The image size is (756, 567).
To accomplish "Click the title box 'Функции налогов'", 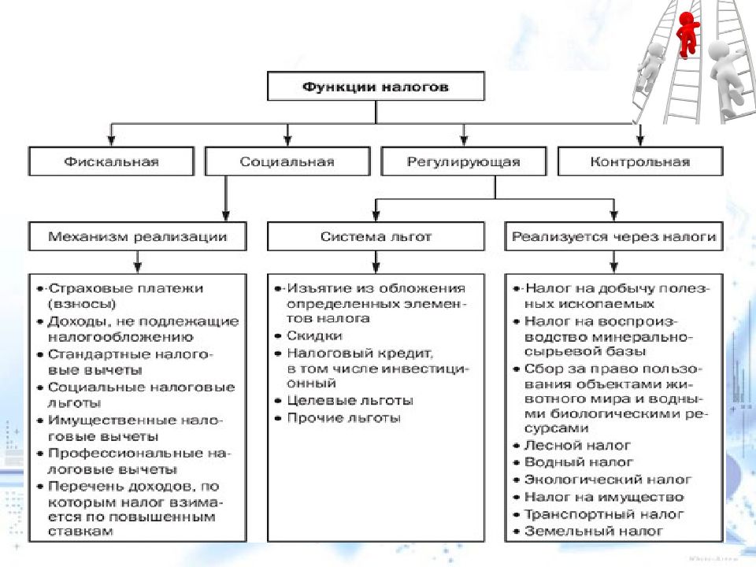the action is [376, 87].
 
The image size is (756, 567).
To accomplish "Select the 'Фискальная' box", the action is [111, 161].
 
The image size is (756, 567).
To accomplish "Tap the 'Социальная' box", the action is [287, 161].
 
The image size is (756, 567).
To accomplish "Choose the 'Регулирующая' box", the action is [464, 161].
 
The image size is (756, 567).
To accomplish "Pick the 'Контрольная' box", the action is [640, 161].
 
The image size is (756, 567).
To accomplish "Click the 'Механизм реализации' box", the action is [137, 237].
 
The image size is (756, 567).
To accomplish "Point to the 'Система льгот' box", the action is [376, 237].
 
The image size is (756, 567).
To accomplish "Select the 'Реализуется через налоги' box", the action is [613, 237].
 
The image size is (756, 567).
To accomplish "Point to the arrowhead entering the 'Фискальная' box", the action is [111, 141].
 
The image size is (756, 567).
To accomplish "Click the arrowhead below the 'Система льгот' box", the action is [376, 268].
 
